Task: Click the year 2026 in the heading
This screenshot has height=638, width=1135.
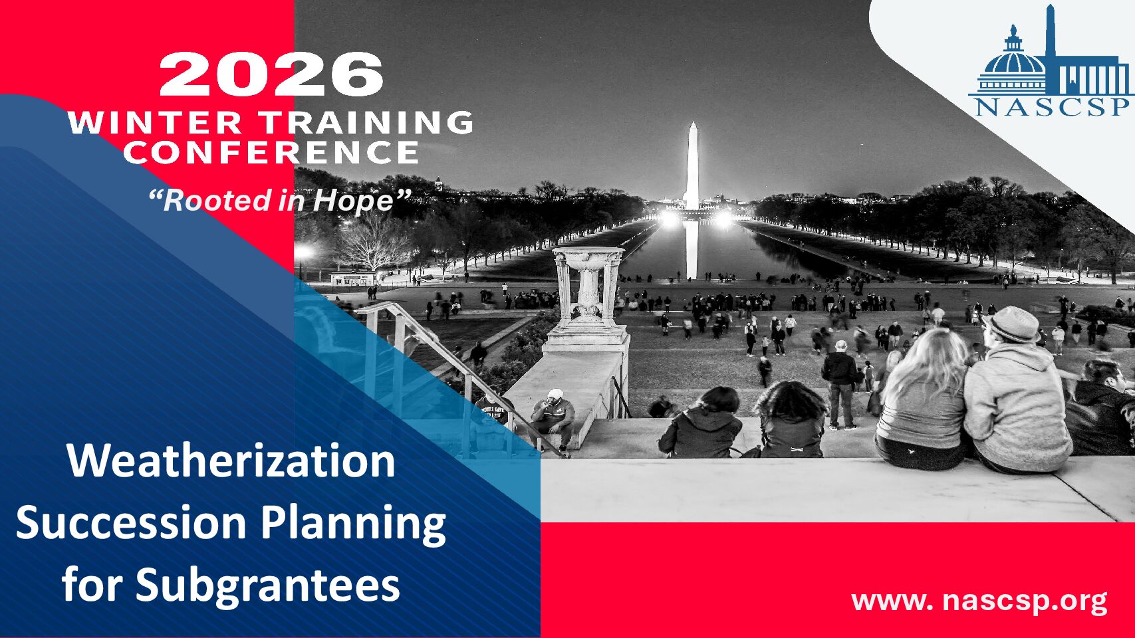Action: [x=271, y=74]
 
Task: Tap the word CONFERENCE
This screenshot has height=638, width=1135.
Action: [x=271, y=152]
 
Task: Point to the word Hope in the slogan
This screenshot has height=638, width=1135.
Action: [x=354, y=201]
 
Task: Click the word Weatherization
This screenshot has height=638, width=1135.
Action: [x=231, y=461]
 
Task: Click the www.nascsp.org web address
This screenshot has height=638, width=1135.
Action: [x=979, y=601]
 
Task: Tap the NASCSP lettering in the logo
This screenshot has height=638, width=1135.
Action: [x=1052, y=107]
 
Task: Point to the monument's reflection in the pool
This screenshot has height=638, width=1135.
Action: [x=692, y=250]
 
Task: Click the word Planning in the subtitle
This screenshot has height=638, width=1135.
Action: [x=354, y=525]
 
